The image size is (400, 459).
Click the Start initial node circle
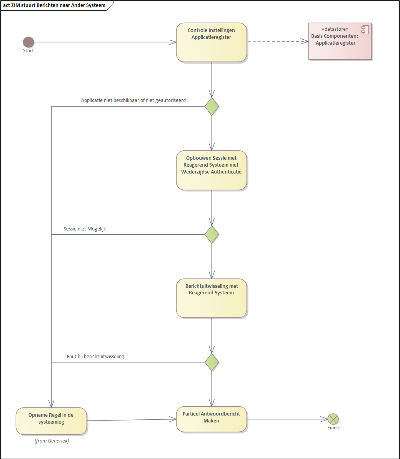(28, 42)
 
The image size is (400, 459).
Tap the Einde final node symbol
(333, 419)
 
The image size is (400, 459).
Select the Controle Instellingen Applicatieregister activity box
(211, 42)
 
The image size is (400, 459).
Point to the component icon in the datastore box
(365, 30)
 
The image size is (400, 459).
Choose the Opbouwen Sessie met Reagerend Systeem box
(211, 170)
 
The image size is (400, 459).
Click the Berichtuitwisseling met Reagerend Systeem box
(211, 298)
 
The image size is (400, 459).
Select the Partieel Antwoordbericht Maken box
(211, 419)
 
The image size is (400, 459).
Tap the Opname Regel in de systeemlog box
(51, 421)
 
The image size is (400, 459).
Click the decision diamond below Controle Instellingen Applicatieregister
(212, 106)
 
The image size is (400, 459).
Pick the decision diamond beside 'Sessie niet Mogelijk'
(212, 234)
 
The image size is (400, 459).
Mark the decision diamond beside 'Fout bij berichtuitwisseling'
(212, 362)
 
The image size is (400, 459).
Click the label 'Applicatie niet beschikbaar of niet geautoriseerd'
(133, 100)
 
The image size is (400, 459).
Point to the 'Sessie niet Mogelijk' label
(85, 229)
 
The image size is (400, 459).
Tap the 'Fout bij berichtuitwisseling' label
(95, 357)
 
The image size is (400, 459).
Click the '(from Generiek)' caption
(52, 441)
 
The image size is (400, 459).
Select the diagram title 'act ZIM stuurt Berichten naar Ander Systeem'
(54, 5)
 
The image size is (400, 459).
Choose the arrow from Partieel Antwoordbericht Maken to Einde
(287, 419)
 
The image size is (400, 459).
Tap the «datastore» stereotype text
(335, 29)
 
